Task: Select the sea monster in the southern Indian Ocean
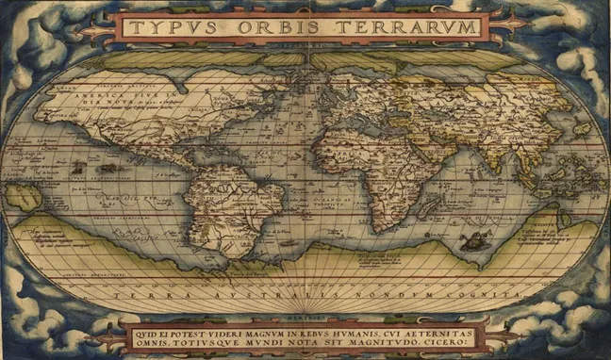[x=471, y=239]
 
